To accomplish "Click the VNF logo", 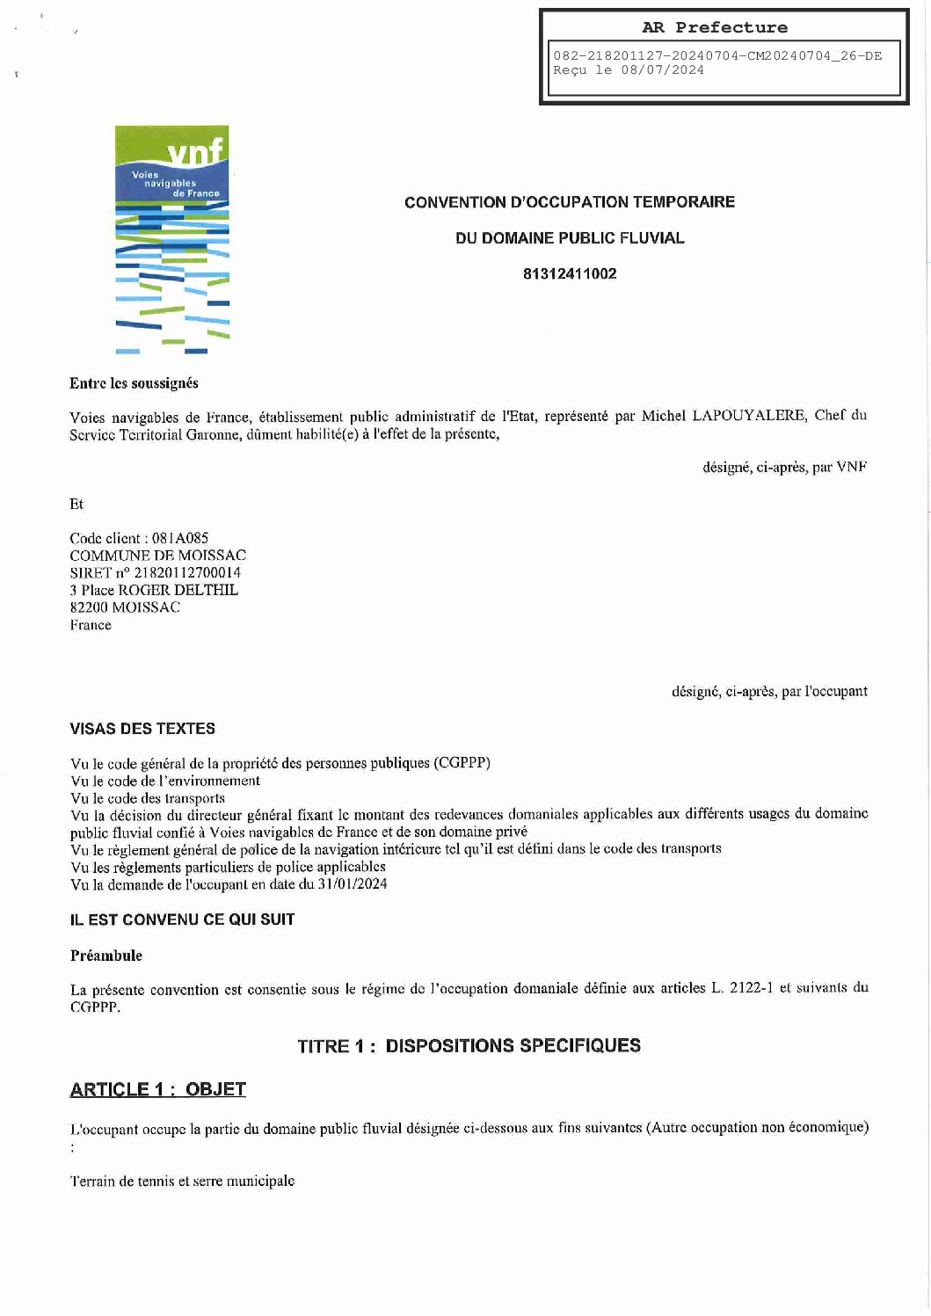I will (172, 239).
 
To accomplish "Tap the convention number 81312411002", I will (570, 273).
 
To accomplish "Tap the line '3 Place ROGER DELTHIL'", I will (154, 590).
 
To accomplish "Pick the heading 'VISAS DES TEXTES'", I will (142, 729).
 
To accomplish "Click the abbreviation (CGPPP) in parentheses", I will (462, 762).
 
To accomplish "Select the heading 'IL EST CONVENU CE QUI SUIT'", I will (182, 920).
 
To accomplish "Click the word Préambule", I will (105, 956).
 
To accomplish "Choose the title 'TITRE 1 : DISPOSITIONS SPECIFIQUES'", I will (469, 1046).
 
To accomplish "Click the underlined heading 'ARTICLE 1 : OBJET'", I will (157, 1090).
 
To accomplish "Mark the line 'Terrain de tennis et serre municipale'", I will (182, 1181).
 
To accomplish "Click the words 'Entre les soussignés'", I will (134, 383).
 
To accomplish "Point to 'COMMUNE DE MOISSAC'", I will (157, 556).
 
